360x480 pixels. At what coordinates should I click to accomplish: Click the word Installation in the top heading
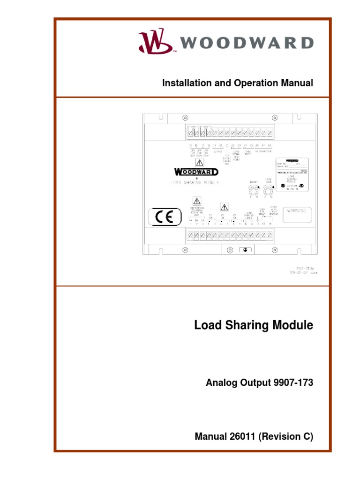[184, 83]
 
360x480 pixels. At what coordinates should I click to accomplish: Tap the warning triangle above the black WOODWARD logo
[199, 163]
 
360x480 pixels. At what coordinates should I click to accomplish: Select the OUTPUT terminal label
[218, 151]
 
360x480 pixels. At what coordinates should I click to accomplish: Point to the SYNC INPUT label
[248, 153]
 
